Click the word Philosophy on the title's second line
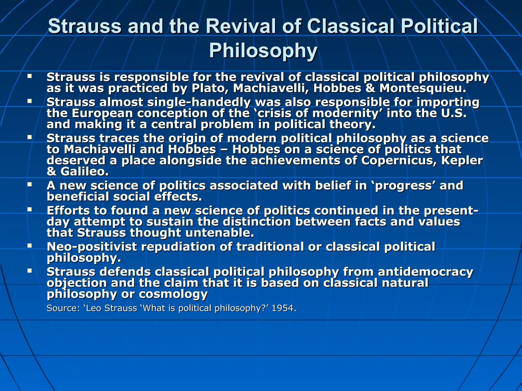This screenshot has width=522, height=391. tap(263, 50)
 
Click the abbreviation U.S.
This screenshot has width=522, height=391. tap(454, 113)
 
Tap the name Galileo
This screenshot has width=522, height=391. tap(84, 172)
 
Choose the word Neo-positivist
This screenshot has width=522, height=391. tap(92, 247)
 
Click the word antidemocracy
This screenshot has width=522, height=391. tap(425, 272)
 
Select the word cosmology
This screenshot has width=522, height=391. tap(173, 294)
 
